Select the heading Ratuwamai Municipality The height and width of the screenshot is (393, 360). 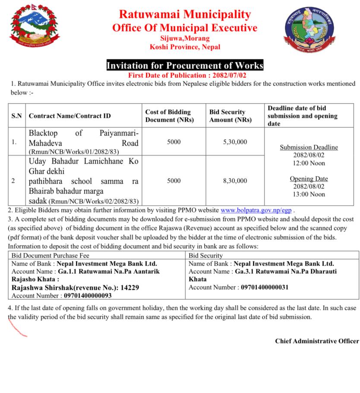184,14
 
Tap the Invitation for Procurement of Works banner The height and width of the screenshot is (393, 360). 185,66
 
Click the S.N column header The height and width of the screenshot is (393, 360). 17,116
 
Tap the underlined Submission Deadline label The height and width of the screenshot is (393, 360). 309,147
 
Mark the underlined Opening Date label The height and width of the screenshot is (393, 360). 309,179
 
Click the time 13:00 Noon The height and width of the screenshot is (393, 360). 309,194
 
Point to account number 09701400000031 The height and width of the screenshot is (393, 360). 265,287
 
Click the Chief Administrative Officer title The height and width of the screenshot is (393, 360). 317,341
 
